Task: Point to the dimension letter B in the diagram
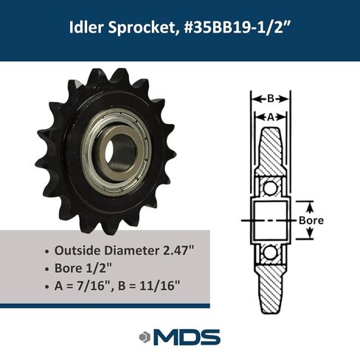pos(270,97)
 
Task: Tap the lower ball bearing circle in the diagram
pos(271,252)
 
